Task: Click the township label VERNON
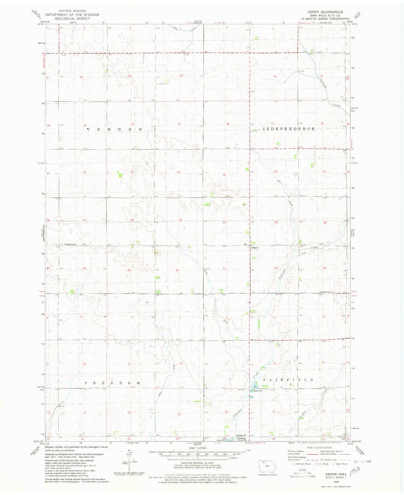click(114, 130)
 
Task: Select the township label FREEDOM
click(112, 383)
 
